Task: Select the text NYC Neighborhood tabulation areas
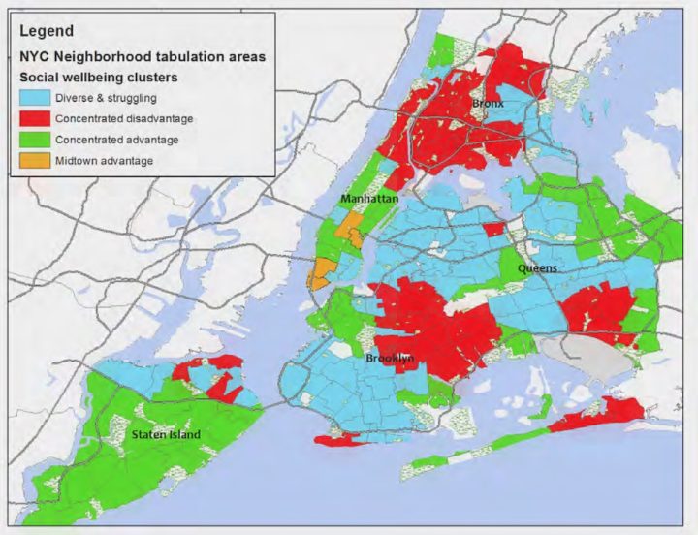click(x=142, y=56)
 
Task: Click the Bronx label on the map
click(x=489, y=102)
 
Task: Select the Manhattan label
click(x=369, y=198)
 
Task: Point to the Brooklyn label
click(x=391, y=359)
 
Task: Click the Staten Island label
click(x=166, y=434)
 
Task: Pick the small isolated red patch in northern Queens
click(x=493, y=229)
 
